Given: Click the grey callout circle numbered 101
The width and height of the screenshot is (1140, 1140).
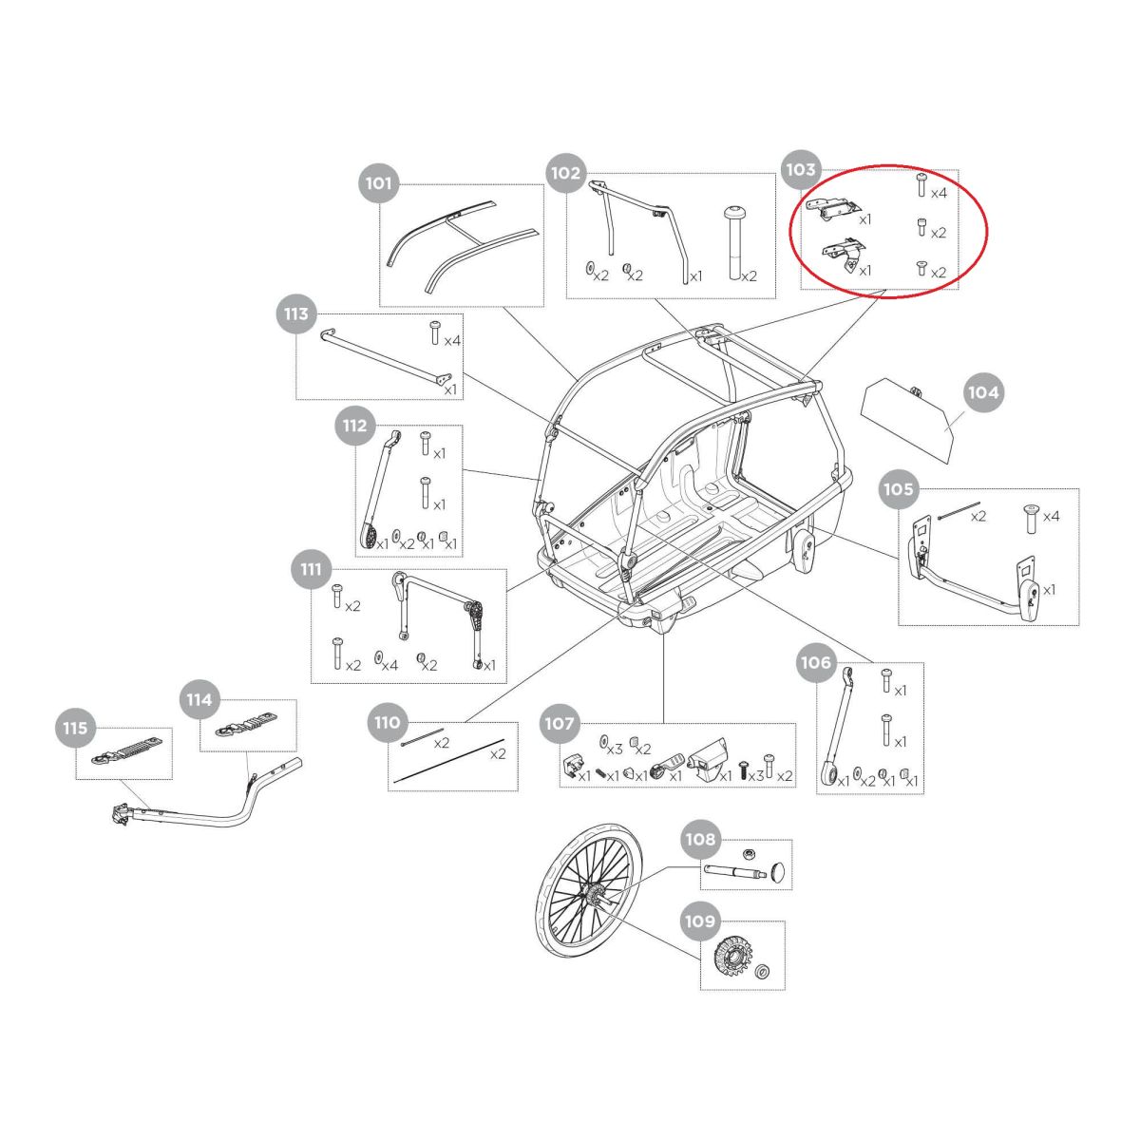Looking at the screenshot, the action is tap(379, 182).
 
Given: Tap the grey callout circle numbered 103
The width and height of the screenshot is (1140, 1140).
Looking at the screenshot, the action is tap(801, 170).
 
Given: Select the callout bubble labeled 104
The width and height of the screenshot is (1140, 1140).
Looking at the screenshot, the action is tap(983, 392).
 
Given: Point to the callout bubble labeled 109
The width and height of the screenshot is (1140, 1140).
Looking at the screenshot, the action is tap(700, 921).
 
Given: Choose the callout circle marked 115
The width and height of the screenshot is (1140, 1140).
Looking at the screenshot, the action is tap(75, 728).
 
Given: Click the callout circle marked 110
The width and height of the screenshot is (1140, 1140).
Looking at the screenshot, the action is tap(387, 722).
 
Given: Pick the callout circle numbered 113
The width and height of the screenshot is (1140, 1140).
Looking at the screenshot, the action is tap(296, 313).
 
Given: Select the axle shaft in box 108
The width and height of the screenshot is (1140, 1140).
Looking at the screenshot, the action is tap(735, 871).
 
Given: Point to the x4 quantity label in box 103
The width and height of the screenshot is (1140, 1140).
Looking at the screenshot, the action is tap(939, 193).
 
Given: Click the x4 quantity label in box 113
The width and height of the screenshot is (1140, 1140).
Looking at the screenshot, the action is tap(452, 341).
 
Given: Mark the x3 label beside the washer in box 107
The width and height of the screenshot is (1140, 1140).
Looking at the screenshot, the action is tap(615, 749).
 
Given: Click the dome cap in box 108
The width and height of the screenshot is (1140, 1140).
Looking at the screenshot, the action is tap(780, 871).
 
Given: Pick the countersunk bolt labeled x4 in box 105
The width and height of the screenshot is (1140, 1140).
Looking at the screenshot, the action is tap(1031, 519).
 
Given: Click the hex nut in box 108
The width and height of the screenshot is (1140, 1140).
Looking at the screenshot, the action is tap(749, 853).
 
